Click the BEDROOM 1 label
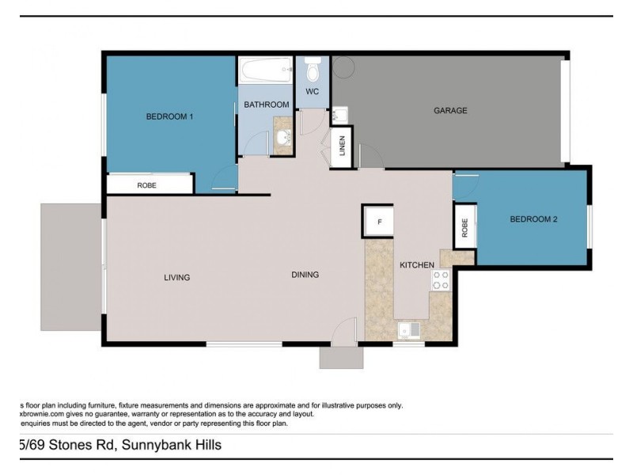click(x=169, y=117)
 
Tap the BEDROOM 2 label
click(x=533, y=219)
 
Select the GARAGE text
click(x=450, y=111)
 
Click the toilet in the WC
click(x=313, y=70)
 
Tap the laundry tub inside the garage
click(x=339, y=116)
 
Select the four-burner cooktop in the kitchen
click(x=440, y=280)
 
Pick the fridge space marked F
click(x=379, y=222)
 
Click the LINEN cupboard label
click(x=343, y=147)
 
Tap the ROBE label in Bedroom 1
click(x=146, y=185)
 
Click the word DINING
click(x=305, y=275)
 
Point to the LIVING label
click(x=177, y=278)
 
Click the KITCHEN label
click(x=416, y=265)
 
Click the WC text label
click(x=313, y=93)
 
